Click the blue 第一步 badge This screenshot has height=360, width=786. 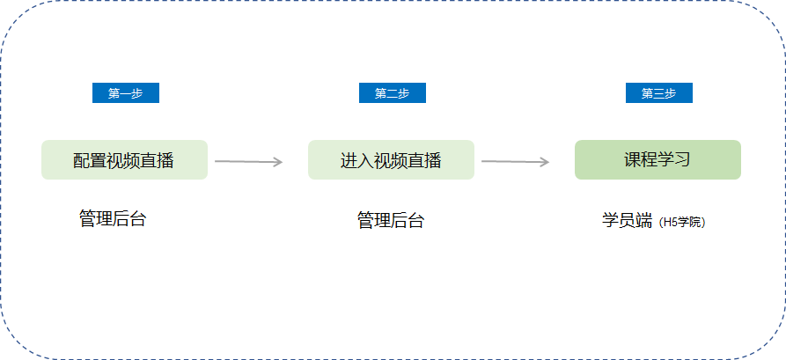point(126,93)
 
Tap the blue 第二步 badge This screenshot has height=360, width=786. point(393,93)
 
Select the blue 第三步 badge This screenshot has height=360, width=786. point(659,93)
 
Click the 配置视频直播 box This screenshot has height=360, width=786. point(124,160)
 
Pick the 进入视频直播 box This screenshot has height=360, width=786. point(391,160)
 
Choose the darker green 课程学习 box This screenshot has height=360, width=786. point(657,160)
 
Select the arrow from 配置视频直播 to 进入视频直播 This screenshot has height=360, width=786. point(248,161)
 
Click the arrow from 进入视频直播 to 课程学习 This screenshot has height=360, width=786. point(515,161)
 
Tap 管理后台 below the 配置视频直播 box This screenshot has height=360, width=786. point(113,218)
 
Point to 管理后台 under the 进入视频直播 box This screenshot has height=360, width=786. point(391,220)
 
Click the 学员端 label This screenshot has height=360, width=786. point(627,221)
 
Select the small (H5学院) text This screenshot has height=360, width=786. point(683,222)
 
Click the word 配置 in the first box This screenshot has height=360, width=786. point(91,160)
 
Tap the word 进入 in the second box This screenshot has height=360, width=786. point(356,160)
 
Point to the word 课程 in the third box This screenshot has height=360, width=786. point(641,160)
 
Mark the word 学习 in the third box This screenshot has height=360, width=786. point(674,160)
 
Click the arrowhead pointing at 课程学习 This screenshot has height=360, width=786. point(544,162)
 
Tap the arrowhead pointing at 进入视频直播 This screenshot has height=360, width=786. point(278,162)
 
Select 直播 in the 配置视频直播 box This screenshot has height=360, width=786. point(158,160)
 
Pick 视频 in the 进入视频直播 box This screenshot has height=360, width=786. point(391,160)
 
